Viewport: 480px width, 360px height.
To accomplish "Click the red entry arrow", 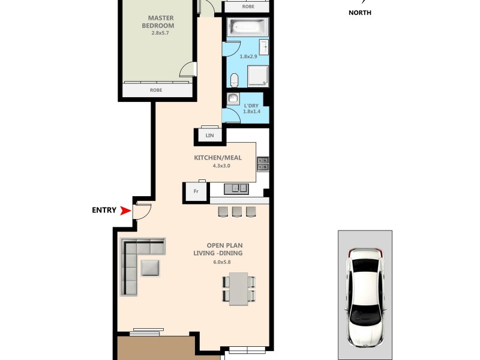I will (125, 210).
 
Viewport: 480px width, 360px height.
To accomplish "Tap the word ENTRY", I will (104, 210).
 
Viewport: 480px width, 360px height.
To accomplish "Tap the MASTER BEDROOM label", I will (158, 22).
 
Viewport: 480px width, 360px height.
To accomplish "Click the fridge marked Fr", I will (196, 192).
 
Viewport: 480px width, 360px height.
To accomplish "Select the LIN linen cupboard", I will (209, 136).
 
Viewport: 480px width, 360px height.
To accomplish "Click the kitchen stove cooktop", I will (263, 164).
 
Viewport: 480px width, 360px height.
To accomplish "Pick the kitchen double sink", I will (236, 188).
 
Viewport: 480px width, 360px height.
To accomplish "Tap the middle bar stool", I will (236, 211).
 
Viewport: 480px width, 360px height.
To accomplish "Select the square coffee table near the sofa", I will (150, 267).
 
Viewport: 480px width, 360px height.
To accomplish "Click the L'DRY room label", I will (251, 106).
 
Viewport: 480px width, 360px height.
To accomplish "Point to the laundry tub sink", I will (234, 99).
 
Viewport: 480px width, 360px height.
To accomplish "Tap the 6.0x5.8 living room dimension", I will (221, 262).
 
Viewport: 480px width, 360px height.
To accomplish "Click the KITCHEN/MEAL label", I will (217, 158).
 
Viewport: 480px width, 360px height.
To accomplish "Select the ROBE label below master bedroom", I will (156, 90).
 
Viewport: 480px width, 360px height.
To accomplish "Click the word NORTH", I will (360, 13).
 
